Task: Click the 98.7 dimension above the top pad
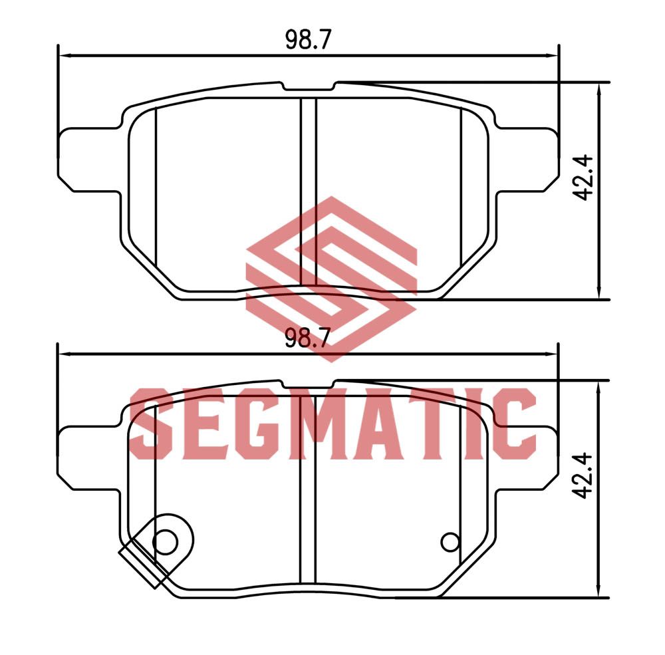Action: pyautogui.click(x=307, y=40)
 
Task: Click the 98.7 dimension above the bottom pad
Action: pyautogui.click(x=307, y=338)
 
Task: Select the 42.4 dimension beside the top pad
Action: pyautogui.click(x=583, y=178)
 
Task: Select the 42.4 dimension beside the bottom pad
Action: pyautogui.click(x=583, y=475)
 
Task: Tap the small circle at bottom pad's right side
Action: pyautogui.click(x=450, y=542)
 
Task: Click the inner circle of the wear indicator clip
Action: pyautogui.click(x=165, y=542)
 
